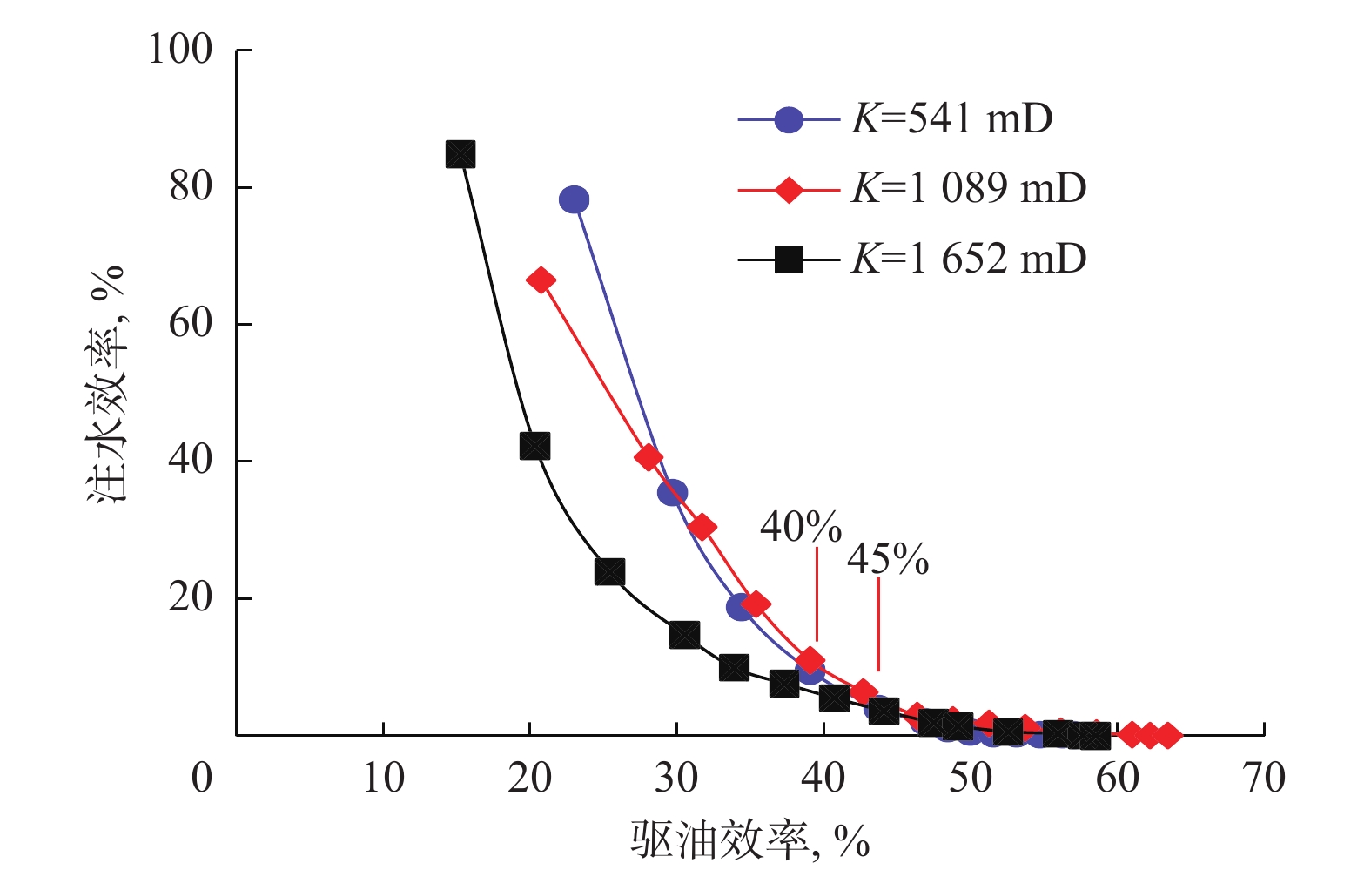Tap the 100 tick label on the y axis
[180, 50]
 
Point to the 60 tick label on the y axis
[191, 323]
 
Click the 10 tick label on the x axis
[383, 778]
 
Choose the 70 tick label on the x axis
[1264, 778]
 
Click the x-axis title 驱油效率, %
[749, 840]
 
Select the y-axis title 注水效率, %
[107, 383]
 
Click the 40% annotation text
[800, 527]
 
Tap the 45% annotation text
[887, 559]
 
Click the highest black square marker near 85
[460, 155]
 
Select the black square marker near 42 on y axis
[534, 446]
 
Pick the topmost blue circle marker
[574, 199]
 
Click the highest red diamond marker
[541, 280]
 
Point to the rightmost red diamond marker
[1167, 735]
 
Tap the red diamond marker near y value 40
[648, 457]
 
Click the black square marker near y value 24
[609, 572]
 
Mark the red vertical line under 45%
[877, 624]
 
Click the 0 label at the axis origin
[202, 778]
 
